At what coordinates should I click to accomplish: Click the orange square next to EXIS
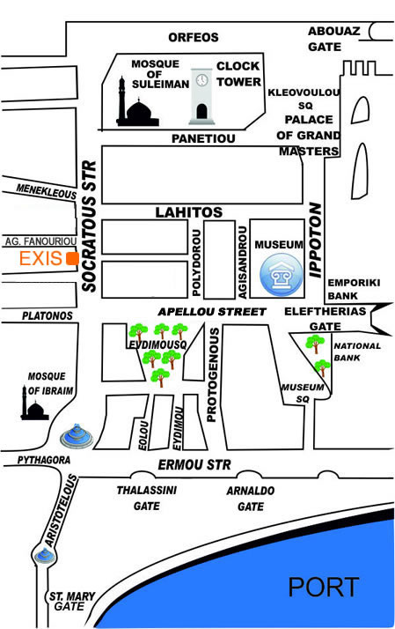72,259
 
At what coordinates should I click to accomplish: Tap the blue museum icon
282,275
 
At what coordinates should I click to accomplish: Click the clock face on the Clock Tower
202,80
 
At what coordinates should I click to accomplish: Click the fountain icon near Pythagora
77,436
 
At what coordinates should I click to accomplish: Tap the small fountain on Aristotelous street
44,556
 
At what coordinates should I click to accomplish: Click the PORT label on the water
323,588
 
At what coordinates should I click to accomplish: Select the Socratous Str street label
90,226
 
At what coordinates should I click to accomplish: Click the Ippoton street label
316,240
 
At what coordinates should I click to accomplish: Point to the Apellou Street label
212,312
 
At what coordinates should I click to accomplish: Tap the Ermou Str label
194,465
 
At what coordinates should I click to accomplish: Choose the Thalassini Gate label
147,498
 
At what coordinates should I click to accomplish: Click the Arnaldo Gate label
251,499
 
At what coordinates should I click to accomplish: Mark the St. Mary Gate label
71,602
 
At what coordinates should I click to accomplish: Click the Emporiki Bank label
354,289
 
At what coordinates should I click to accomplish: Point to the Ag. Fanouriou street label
40,241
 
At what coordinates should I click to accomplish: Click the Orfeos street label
194,37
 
